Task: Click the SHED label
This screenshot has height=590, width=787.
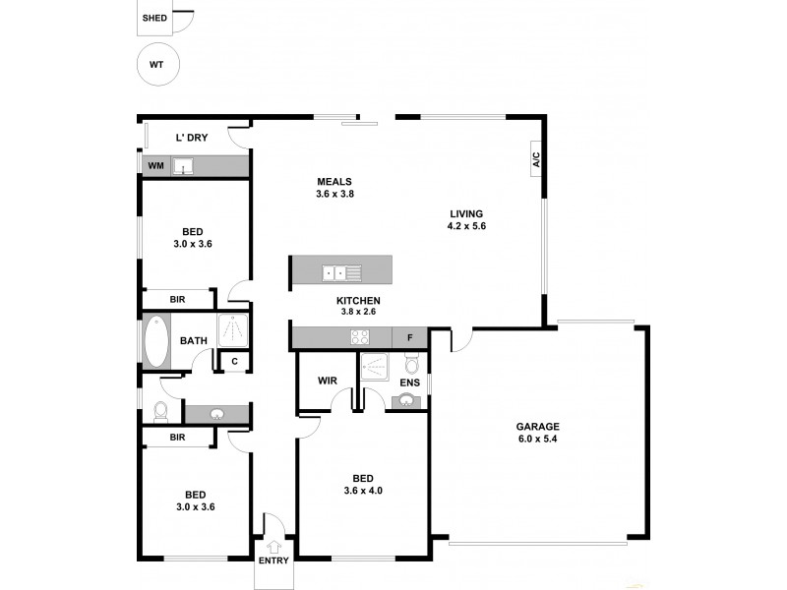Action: click(x=153, y=18)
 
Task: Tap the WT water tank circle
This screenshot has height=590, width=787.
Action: click(x=156, y=66)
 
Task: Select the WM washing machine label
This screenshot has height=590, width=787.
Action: click(x=155, y=166)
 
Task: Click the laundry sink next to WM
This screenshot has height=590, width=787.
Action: click(x=183, y=167)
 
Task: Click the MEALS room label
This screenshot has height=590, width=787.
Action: click(x=334, y=181)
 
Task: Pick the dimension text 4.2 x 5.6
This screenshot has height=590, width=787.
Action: click(x=466, y=226)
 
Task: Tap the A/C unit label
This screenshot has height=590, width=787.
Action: click(x=537, y=160)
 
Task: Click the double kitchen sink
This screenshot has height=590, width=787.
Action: click(x=341, y=272)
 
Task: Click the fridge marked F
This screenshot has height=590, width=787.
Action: click(x=409, y=338)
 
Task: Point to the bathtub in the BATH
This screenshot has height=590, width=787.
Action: click(x=156, y=341)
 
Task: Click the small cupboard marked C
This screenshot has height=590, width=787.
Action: click(x=234, y=362)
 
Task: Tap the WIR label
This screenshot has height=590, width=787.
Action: click(x=328, y=381)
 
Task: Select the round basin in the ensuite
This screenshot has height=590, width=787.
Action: click(x=405, y=400)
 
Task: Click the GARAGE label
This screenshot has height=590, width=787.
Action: click(x=538, y=427)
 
